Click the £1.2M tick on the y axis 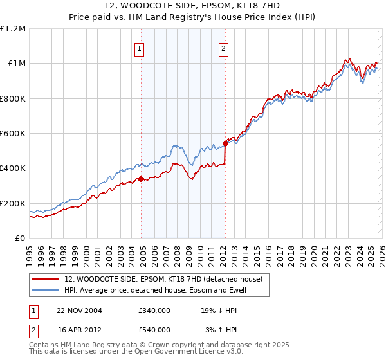point(14,29)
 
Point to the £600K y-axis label point(14,134)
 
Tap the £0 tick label point(20,239)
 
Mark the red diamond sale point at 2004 point(141,179)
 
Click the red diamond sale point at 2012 point(225,143)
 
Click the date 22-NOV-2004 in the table point(80,310)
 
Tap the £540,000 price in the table point(154,330)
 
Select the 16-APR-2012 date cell point(80,330)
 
